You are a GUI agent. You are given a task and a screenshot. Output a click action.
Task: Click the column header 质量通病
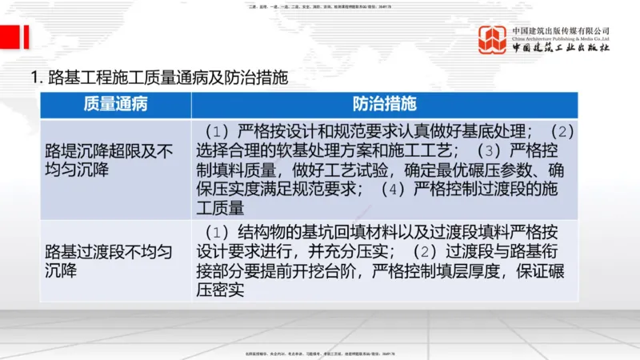115,104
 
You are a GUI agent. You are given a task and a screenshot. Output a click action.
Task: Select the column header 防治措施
384,104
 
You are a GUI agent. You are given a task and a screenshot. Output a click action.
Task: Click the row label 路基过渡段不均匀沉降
109,260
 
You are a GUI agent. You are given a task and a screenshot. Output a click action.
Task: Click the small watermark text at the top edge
320,6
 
